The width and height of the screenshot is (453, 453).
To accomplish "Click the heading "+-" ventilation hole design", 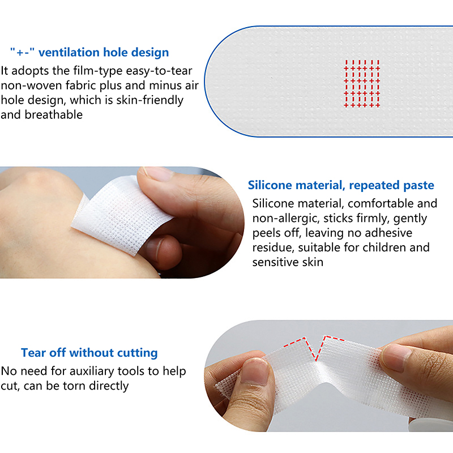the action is pyautogui.click(x=89, y=53).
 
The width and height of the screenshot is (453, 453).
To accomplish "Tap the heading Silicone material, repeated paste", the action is pyautogui.click(x=341, y=185).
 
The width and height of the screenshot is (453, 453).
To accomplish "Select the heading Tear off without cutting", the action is pyautogui.click(x=89, y=353).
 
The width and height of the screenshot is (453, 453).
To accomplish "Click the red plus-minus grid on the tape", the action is pyautogui.click(x=362, y=84).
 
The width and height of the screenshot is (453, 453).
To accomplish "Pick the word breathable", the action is pyautogui.click(x=54, y=115).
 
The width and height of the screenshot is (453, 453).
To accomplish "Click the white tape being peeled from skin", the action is pyautogui.click(x=121, y=214).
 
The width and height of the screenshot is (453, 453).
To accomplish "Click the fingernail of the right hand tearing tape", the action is pyautogui.click(x=396, y=358).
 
